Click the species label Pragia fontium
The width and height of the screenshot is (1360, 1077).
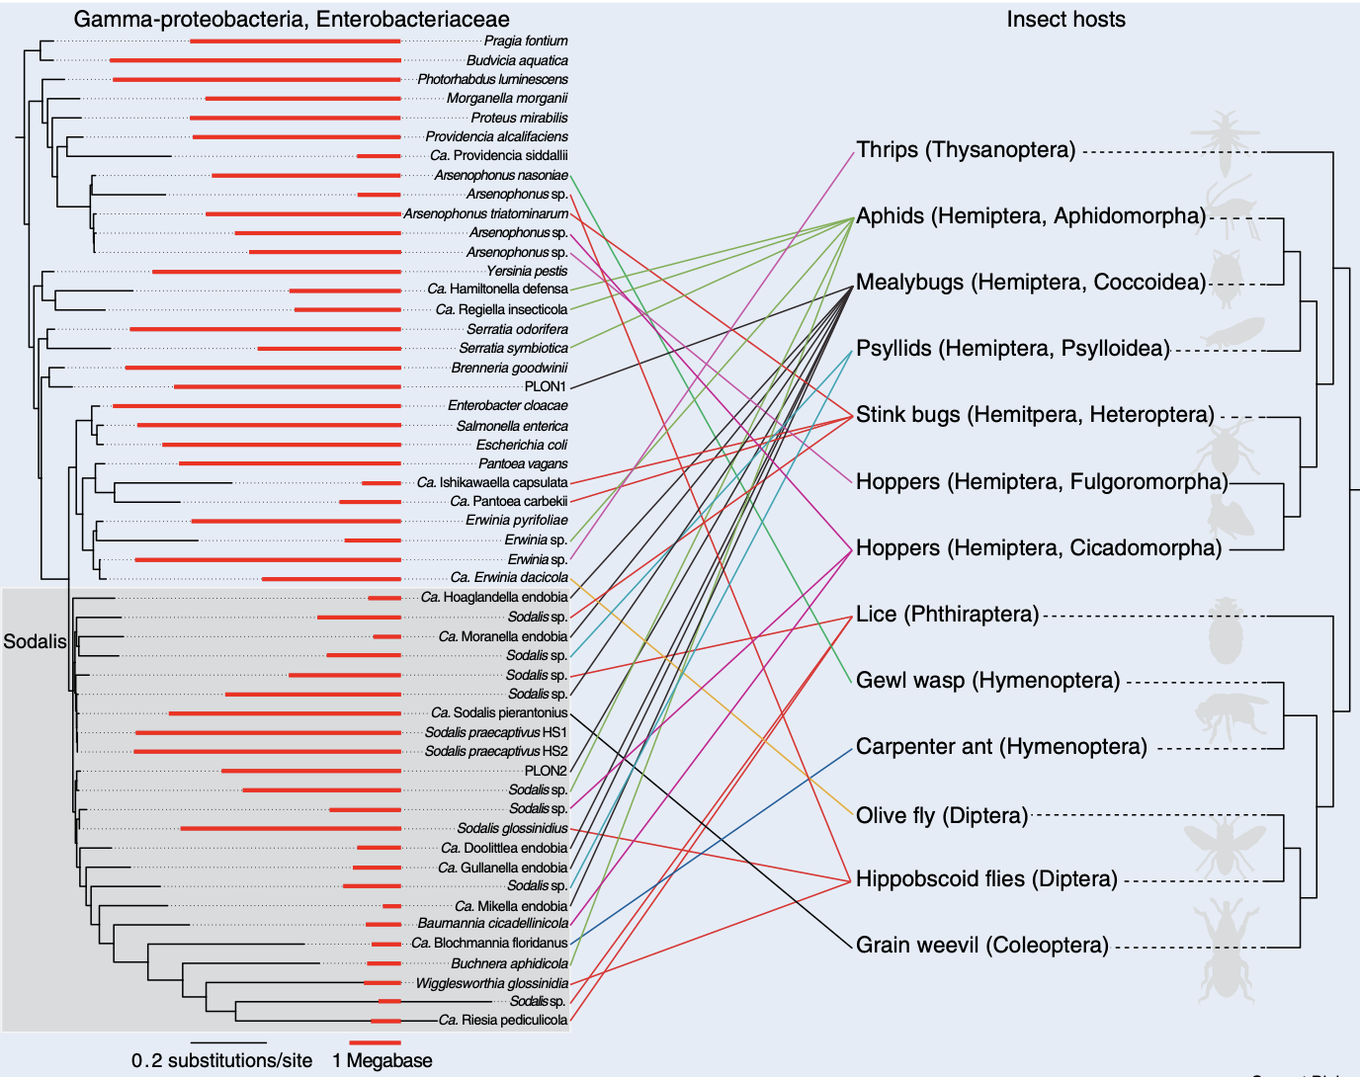coord(525,41)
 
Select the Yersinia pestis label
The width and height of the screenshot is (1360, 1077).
coord(526,271)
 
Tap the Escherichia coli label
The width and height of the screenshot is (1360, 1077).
coord(521,445)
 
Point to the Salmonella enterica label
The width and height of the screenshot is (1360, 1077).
coord(511,426)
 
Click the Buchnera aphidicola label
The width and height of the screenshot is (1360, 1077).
coord(509,963)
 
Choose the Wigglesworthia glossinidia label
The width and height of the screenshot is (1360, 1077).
coord(491,983)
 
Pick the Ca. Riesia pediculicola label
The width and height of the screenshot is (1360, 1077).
coord(503,1020)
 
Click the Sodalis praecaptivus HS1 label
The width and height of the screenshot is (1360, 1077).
coord(495,732)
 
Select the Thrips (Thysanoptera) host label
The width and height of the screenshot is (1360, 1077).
coord(966,150)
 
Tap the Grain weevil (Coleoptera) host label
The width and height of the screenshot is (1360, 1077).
coord(982,946)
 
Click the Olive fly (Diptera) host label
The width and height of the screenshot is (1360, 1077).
coord(942,816)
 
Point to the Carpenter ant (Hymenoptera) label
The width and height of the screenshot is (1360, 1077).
coord(1001,747)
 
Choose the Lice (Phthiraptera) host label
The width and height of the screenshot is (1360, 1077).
coord(947,615)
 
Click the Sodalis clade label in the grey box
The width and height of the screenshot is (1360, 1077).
coord(35,641)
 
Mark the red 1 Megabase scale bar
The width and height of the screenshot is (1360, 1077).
coord(375,1042)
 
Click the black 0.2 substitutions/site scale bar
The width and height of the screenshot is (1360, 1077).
coord(228,1042)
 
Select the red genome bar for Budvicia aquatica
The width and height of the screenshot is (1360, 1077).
coord(255,60)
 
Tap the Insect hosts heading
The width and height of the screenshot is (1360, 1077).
coord(1065,20)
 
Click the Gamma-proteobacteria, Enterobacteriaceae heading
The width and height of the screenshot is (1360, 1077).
coord(292,20)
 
